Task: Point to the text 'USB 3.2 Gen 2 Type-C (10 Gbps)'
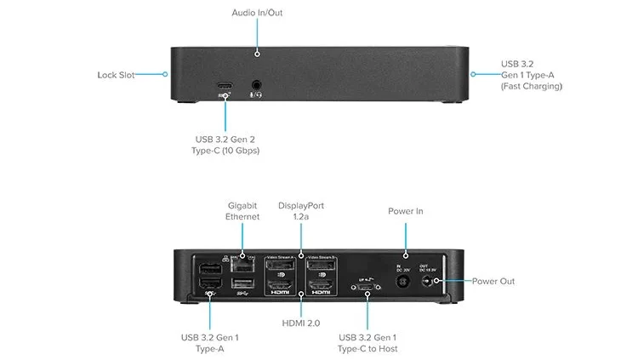(x=225, y=145)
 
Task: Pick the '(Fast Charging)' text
(x=532, y=87)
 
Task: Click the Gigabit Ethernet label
(x=242, y=211)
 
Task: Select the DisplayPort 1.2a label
(x=301, y=211)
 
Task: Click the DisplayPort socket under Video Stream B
(x=322, y=264)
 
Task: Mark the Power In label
(x=406, y=211)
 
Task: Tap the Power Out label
(x=494, y=281)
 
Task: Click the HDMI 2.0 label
(x=301, y=322)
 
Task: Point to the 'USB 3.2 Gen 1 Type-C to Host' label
(x=367, y=343)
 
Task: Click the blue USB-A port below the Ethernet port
(x=242, y=283)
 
